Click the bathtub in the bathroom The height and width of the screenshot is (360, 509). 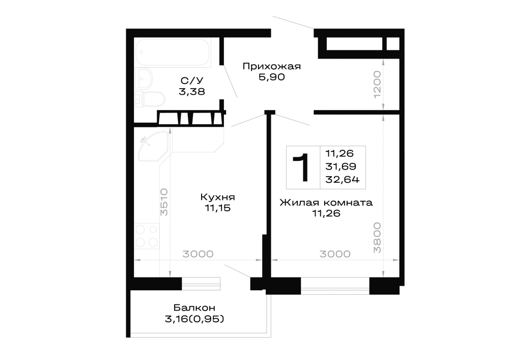[173, 52]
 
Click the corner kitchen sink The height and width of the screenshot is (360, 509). [153, 146]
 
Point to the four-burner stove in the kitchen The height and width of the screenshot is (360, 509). [147, 236]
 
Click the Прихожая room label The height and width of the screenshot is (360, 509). [272, 66]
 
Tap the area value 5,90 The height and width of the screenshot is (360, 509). [272, 77]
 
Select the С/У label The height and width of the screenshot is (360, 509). [192, 80]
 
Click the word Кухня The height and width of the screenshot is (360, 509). [217, 197]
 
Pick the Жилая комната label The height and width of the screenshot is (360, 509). [326, 203]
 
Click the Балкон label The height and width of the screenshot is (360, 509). [194, 308]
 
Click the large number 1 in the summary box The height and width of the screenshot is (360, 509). [302, 168]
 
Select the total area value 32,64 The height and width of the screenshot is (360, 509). [343, 180]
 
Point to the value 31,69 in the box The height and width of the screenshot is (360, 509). [341, 167]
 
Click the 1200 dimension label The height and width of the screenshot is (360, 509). [377, 85]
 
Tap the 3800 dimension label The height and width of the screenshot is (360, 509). [377, 237]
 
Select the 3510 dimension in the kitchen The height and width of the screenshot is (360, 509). [164, 202]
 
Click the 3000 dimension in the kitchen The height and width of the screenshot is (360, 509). [198, 254]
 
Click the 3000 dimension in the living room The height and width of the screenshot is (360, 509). [335, 254]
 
